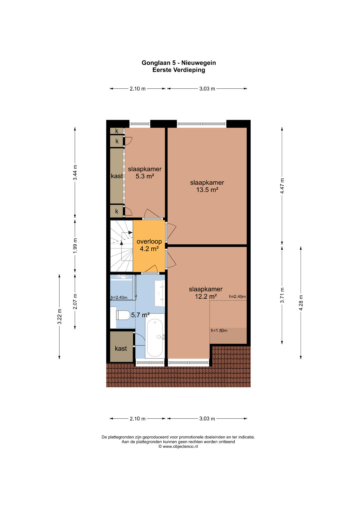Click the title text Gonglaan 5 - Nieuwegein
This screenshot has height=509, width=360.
(x=179, y=63)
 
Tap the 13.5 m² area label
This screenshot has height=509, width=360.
(x=207, y=190)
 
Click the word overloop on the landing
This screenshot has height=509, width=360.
(x=149, y=242)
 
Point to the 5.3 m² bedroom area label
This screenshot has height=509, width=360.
(x=145, y=176)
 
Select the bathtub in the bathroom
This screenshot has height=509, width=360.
(x=155, y=336)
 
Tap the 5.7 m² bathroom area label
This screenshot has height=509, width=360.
(x=140, y=315)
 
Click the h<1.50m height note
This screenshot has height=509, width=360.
(x=219, y=330)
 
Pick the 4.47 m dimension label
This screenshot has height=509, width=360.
(x=282, y=186)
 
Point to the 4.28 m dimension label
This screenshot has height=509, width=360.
(x=301, y=303)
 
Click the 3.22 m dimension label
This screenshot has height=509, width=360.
(x=59, y=317)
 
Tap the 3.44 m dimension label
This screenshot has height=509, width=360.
(x=75, y=172)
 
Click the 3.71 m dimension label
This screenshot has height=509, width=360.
(x=282, y=295)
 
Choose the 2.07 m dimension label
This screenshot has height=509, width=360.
(x=75, y=301)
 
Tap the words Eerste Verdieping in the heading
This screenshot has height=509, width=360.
(x=179, y=70)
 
